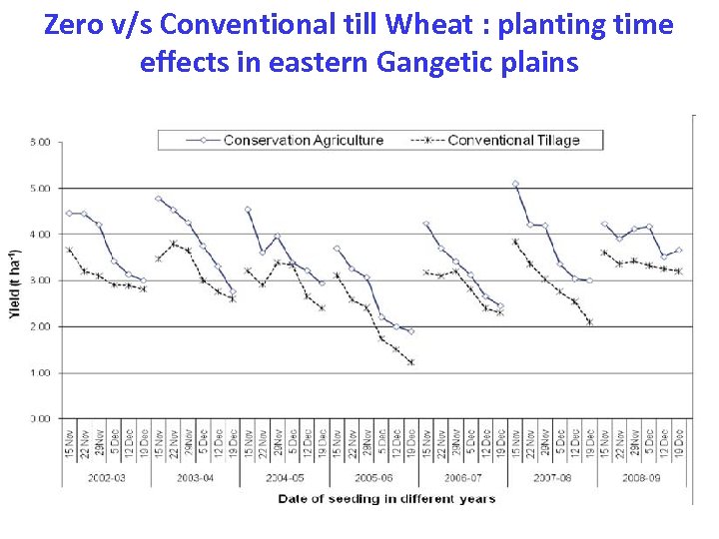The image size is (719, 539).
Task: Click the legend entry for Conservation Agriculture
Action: click(x=303, y=140)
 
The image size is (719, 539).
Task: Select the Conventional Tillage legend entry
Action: click(x=512, y=140)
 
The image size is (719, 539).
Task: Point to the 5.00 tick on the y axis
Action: click(x=40, y=188)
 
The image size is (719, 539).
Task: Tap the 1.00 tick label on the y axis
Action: click(x=40, y=372)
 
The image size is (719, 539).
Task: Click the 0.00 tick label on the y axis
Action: click(x=40, y=418)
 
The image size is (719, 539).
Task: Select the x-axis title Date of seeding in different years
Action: click(x=385, y=498)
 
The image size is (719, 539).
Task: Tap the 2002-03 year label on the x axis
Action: click(x=107, y=478)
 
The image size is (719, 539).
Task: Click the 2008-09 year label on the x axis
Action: click(x=641, y=478)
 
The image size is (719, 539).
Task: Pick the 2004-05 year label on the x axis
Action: click(x=285, y=478)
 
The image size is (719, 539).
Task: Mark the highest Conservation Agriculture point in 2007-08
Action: click(x=515, y=184)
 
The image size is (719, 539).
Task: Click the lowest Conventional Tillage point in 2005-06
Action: click(x=410, y=362)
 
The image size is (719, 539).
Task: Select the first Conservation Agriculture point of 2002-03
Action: click(x=69, y=213)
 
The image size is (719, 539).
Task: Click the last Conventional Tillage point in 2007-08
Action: click(x=590, y=321)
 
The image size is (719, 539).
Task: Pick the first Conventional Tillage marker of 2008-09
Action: click(x=604, y=253)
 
